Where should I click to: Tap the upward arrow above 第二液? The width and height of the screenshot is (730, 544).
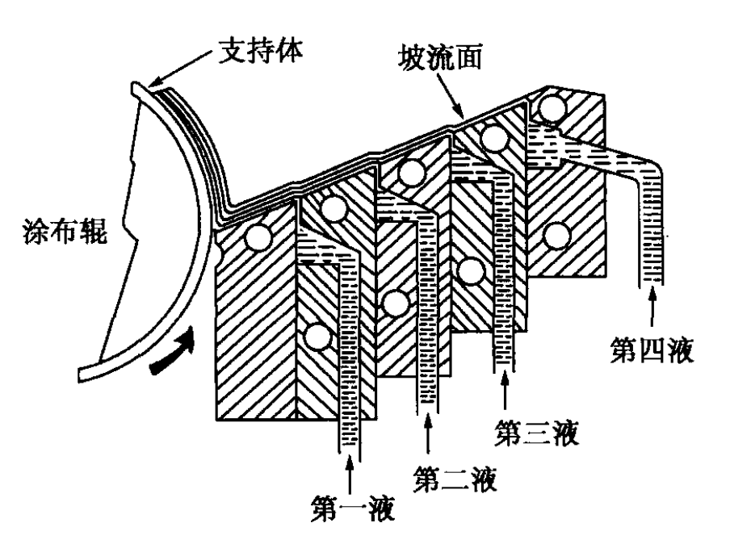428,439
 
